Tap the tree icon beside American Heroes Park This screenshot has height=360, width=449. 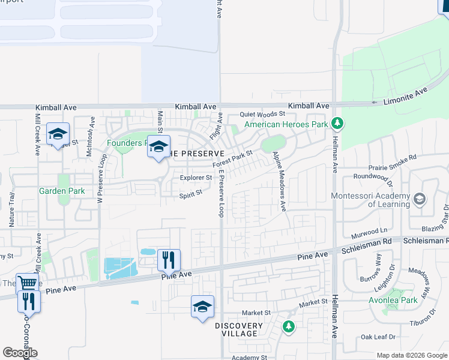(337, 124)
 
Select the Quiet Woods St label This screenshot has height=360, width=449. (262, 114)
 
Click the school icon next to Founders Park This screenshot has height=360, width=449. (158, 147)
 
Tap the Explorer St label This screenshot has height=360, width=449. (196, 178)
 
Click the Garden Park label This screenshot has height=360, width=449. (61, 191)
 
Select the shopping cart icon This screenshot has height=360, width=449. (28, 283)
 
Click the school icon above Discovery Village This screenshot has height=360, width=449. (203, 307)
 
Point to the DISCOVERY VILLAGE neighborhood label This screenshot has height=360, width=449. (239, 330)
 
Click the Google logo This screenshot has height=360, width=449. (20, 353)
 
